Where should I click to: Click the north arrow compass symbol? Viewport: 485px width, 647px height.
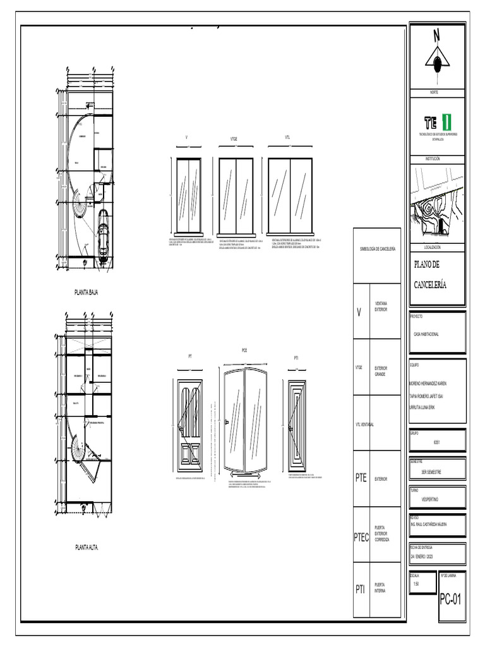pos(436,59)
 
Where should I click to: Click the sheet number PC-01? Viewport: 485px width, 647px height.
pos(451,599)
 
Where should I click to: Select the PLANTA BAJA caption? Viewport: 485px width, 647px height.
pos(86,293)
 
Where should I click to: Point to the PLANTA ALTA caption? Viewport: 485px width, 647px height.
pos(86,547)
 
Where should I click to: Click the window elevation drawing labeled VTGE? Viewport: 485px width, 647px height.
pos(236,195)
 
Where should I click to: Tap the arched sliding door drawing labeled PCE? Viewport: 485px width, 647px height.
pos(244,422)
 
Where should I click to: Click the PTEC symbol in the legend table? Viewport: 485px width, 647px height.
pos(361,537)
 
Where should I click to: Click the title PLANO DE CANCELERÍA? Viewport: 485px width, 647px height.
pos(431,274)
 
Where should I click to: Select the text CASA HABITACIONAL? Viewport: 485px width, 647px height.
pos(426,334)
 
